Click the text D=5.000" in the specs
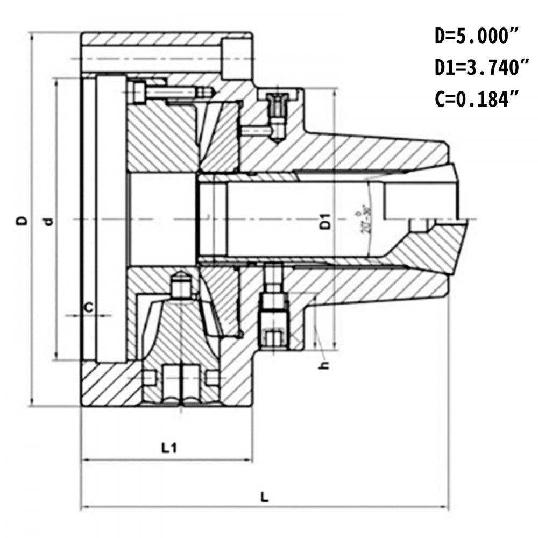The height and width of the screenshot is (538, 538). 477,37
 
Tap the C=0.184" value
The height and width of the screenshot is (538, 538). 477,99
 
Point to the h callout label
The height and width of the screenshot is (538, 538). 323,365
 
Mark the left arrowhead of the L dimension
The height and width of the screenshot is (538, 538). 84,507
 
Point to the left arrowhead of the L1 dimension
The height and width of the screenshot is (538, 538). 84,459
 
